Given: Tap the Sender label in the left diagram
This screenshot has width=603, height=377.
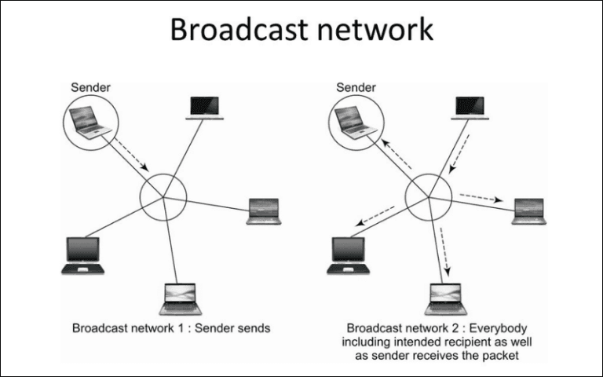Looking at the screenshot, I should tap(90, 86).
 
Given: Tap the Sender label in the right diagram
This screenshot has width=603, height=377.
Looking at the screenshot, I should tap(356, 86).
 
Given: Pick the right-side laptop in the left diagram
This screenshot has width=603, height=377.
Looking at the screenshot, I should tap(263, 211).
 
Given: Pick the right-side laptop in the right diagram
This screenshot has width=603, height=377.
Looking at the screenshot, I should tap(528, 211).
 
